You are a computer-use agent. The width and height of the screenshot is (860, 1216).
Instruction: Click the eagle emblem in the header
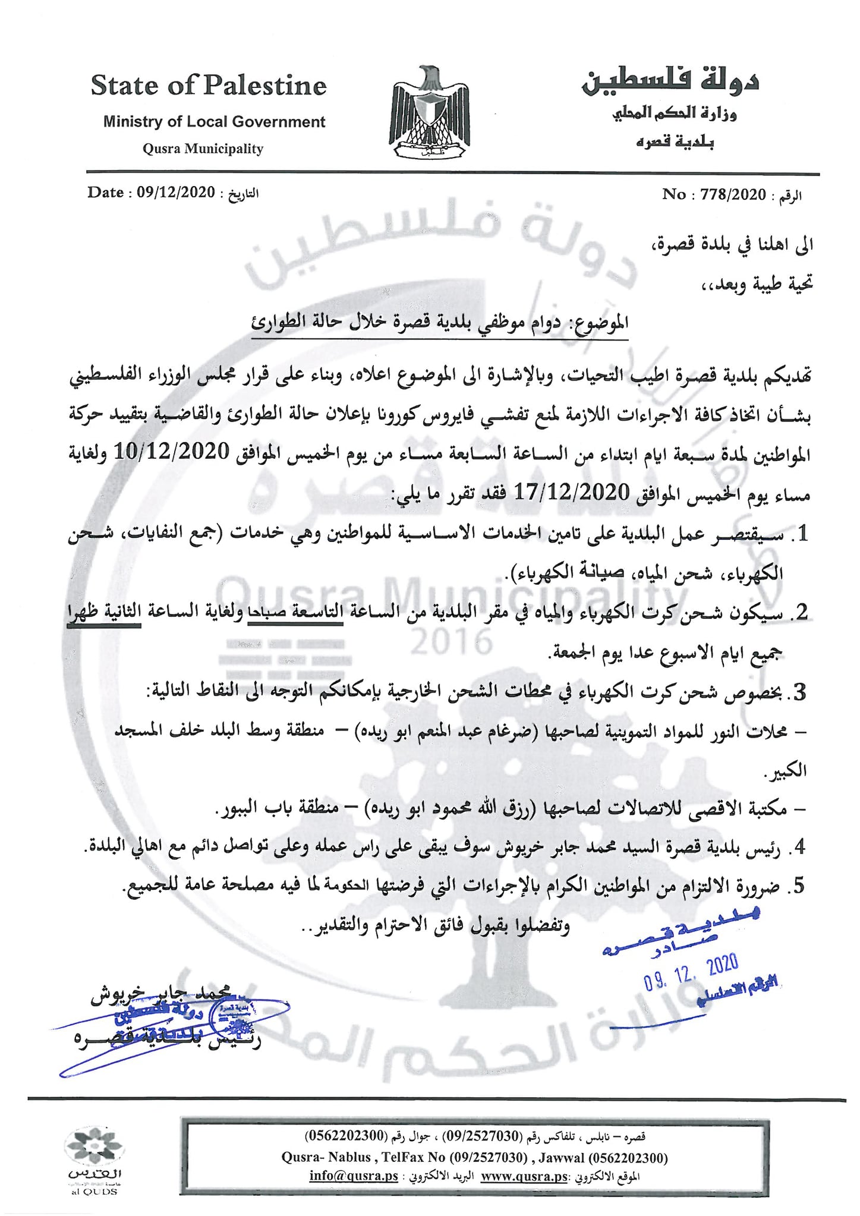(430, 113)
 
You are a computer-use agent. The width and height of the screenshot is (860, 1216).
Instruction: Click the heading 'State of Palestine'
(209, 86)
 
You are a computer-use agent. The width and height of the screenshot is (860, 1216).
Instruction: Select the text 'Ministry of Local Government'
(214, 122)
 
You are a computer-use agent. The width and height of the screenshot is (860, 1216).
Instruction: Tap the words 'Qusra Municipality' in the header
(203, 149)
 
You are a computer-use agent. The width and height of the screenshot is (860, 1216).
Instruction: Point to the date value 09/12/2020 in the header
(175, 193)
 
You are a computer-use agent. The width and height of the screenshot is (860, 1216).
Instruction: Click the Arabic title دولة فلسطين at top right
(670, 81)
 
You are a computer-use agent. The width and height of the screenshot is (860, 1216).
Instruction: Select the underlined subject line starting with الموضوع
(440, 323)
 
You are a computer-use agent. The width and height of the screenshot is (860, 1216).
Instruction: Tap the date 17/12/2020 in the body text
(571, 492)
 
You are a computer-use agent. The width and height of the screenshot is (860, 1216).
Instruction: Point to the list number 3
(799, 692)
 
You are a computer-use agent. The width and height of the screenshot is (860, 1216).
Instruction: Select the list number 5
(799, 886)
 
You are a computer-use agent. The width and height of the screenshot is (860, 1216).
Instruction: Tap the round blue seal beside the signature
(235, 1020)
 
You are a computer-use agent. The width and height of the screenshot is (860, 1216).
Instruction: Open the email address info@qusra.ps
(354, 1176)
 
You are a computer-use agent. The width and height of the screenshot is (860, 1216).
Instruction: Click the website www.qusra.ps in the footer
(524, 1176)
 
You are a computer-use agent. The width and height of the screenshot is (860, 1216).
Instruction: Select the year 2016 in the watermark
(452, 642)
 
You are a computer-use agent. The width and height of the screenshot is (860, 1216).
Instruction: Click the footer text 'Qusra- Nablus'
(326, 1158)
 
